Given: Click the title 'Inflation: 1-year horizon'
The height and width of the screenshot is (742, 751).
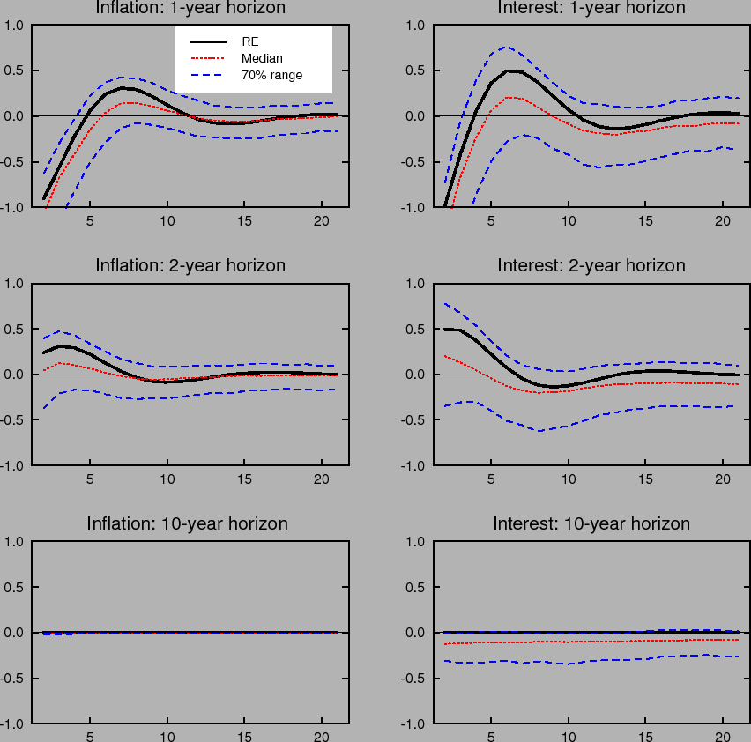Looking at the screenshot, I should (190, 8).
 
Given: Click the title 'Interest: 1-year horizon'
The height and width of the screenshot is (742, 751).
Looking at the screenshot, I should (591, 8).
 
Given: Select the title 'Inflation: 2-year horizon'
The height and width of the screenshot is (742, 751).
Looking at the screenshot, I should (190, 265).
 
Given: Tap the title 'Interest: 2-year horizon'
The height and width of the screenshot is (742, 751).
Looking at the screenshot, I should (591, 265).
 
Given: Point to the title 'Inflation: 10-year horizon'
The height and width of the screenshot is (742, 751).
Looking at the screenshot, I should (187, 523).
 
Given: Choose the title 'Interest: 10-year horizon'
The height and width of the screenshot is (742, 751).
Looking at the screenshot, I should (591, 523).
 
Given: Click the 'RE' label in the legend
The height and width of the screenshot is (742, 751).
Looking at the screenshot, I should (249, 41).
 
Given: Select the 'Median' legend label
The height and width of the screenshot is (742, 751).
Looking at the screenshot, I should (262, 58).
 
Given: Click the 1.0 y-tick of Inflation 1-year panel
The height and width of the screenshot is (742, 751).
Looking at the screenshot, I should (14, 25).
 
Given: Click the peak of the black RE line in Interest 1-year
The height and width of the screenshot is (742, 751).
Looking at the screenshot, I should (509, 70).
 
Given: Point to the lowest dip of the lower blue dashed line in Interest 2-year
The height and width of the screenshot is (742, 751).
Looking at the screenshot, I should (539, 431).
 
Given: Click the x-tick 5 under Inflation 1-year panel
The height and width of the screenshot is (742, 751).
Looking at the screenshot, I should (89, 221).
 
